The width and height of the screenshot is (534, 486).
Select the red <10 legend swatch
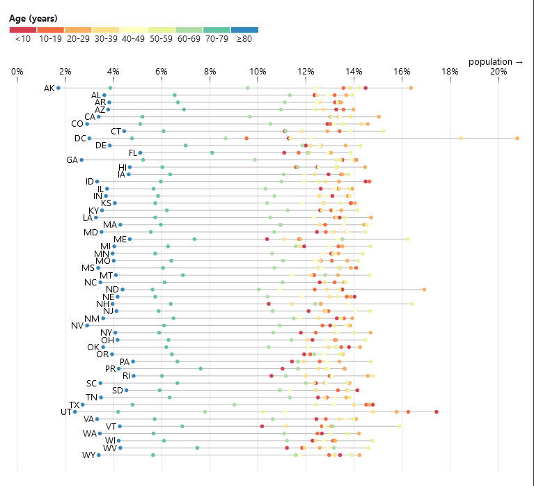[x=22, y=30]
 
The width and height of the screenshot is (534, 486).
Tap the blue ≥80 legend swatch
[x=244, y=30]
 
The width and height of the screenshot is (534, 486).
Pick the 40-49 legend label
[x=133, y=39]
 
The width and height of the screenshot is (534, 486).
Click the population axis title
[x=495, y=62]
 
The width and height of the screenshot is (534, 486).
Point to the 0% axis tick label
[x=17, y=72]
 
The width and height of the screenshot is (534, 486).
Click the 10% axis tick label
[x=258, y=72]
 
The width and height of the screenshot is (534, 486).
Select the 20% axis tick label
[x=498, y=72]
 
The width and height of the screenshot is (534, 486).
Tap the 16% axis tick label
[x=402, y=72]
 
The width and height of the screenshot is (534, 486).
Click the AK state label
[x=49, y=88]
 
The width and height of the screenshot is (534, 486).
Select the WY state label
[x=88, y=455]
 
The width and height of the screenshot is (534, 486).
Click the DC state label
[x=80, y=139]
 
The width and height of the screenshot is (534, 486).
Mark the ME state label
[x=120, y=239]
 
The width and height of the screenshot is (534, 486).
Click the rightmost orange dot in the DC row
[x=517, y=139]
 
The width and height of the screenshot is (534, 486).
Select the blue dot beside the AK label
[x=58, y=88]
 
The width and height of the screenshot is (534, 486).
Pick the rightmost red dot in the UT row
[x=437, y=412]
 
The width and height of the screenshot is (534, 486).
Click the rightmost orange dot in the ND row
[x=424, y=289]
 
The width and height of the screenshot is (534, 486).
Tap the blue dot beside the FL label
[x=141, y=152]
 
